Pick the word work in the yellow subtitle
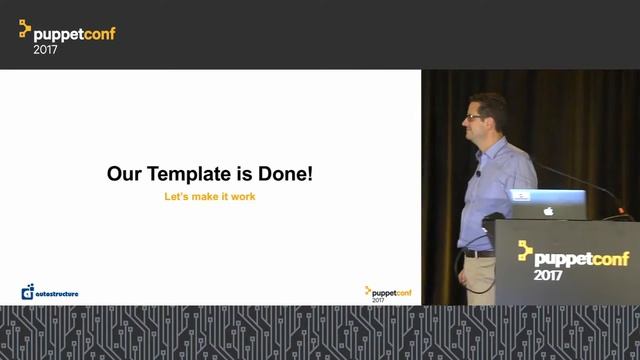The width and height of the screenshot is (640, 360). click(242, 197)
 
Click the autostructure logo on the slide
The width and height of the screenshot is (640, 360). click(50, 292)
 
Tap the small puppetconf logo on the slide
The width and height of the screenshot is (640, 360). click(388, 293)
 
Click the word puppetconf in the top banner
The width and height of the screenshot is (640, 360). click(78, 34)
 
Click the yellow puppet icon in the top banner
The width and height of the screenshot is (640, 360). click(26, 31)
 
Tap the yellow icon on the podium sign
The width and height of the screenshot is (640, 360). click(525, 252)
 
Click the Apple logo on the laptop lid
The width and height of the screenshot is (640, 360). click(547, 211)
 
